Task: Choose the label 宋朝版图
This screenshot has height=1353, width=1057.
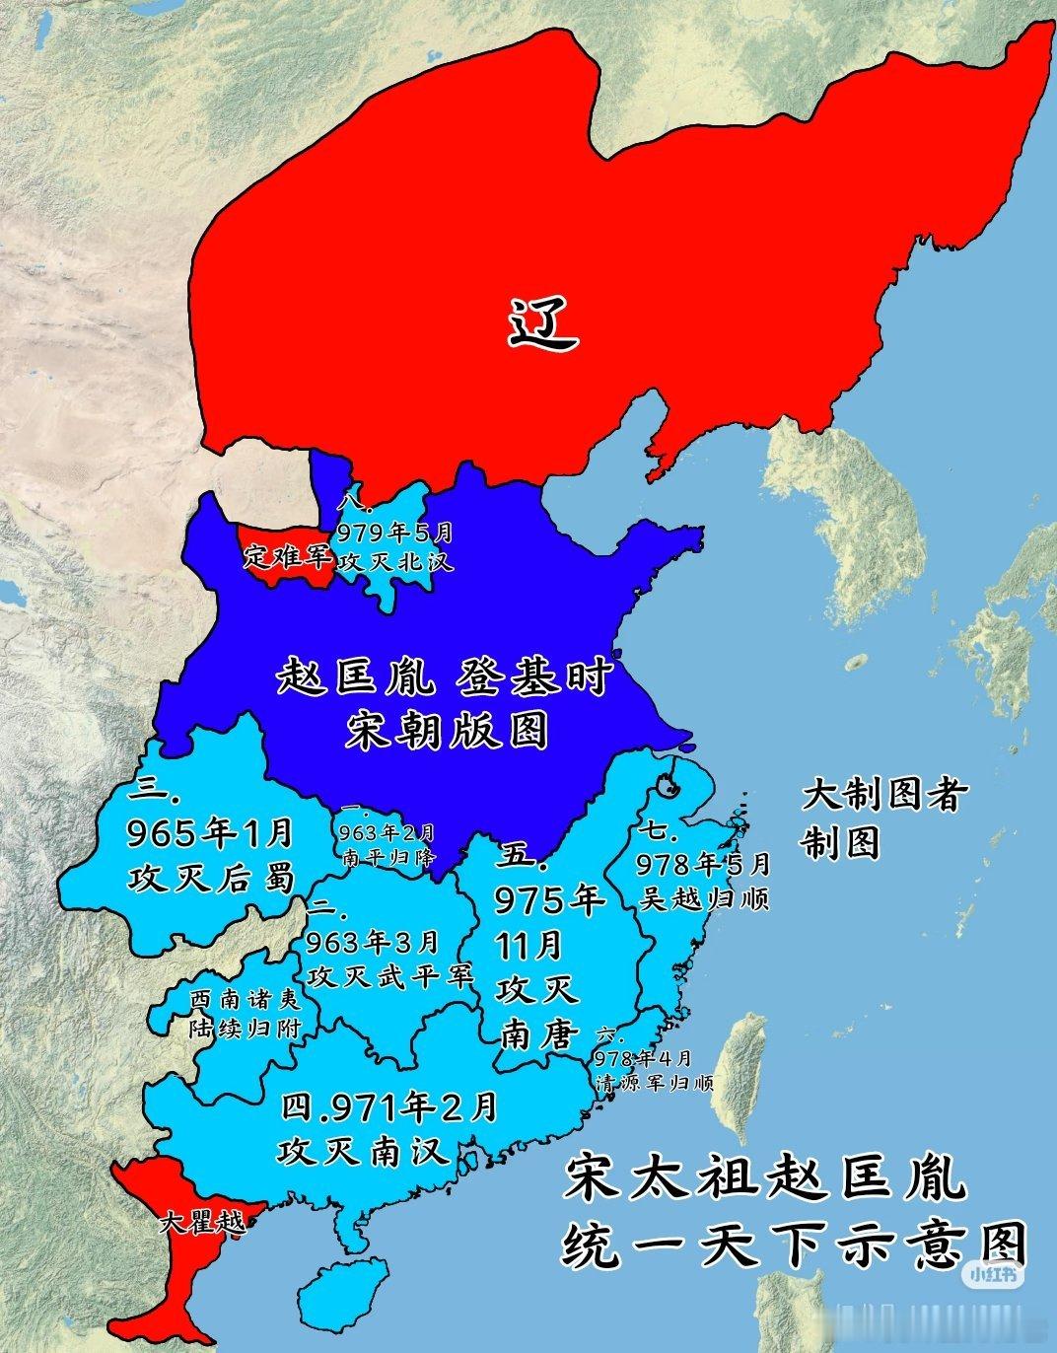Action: point(446,732)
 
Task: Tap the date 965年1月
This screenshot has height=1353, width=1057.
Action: point(211,833)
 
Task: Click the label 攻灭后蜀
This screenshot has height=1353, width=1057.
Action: point(211,877)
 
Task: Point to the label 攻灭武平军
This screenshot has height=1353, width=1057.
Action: point(390,975)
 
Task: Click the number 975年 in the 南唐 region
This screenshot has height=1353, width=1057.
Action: point(550,899)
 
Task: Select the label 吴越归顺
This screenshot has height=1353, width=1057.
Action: point(702,898)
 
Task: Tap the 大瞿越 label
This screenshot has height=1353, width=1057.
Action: point(200,1227)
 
